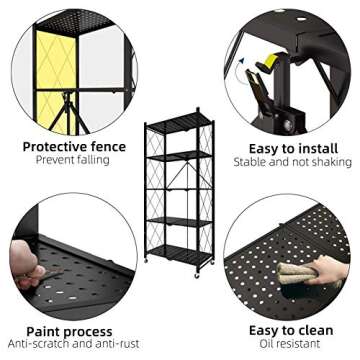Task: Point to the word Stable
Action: point(251,161)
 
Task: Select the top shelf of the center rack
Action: point(179,126)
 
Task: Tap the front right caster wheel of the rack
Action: point(207,267)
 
